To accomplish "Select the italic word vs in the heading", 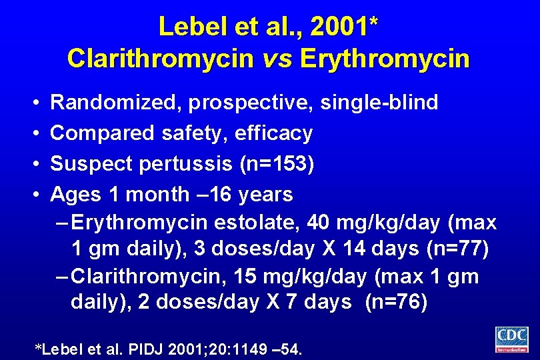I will point(277,59).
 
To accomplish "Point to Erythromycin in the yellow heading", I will point(385,59).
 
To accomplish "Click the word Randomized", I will point(116,103).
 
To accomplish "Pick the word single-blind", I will point(379,103).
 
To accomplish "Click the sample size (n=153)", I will point(277,164).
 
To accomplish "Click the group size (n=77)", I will point(457,249).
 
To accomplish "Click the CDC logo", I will point(511,339).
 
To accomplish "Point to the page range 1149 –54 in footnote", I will point(273,349).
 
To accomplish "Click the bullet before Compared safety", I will point(34,133).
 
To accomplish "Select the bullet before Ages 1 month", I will point(34,195).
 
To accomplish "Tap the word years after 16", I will point(266,195).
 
